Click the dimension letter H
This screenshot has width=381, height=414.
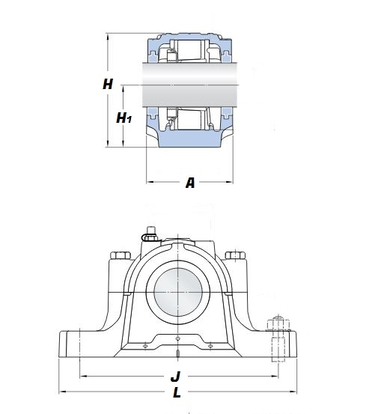pos(108,85)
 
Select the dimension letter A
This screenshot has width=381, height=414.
pos(189,183)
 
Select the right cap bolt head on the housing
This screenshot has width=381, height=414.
pos(237,256)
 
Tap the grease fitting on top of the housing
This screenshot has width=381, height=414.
pos(150,233)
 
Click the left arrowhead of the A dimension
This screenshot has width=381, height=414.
pos(149,181)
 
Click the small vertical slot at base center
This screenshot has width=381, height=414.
pos(179,355)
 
